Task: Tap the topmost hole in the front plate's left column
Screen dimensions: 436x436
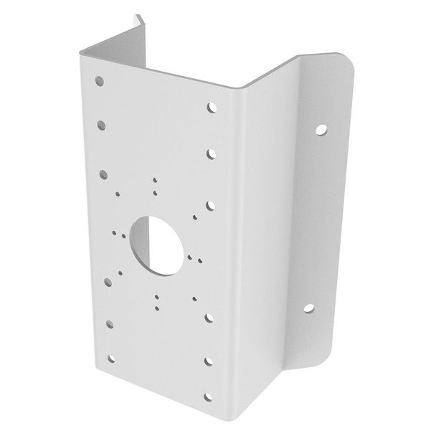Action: point(100,81)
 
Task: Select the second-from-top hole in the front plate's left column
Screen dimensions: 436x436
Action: point(102,125)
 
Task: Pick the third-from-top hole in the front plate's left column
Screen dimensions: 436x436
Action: point(104,173)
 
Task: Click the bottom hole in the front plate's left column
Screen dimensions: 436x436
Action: point(111,358)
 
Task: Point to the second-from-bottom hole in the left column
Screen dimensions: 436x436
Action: point(110,323)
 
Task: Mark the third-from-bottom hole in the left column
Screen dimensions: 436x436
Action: point(108,282)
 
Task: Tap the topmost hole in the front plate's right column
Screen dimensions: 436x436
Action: point(212,108)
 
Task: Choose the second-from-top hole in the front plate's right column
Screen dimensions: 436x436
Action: point(212,153)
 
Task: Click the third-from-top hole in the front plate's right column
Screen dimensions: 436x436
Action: point(211,205)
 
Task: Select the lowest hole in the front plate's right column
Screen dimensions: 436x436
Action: point(208,397)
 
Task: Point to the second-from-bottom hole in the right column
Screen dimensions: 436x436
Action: point(209,361)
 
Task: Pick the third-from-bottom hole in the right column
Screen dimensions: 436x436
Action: point(209,317)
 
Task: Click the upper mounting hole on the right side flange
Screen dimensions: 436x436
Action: point(321,130)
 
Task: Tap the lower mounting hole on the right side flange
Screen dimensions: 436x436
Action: point(308,308)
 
